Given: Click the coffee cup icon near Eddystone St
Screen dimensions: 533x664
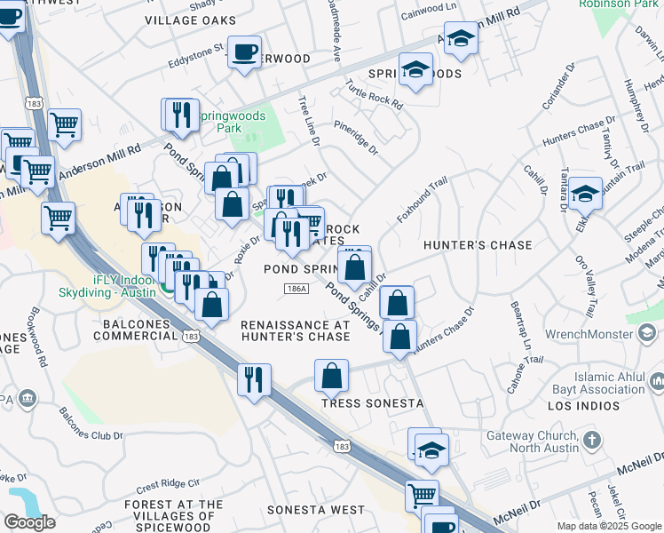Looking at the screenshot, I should (x=244, y=52).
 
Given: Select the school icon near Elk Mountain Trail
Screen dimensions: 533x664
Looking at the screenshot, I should (x=585, y=194).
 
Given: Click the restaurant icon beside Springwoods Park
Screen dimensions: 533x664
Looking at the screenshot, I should (x=182, y=115).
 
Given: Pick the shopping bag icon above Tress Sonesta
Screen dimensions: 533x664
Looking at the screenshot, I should (x=332, y=374).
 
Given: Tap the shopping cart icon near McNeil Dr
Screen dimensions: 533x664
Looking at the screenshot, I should (x=421, y=495).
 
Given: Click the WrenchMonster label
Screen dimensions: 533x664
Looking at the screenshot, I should (x=598, y=334).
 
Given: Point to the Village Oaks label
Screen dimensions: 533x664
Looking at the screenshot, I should (x=190, y=20).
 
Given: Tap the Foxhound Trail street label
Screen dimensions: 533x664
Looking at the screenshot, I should (x=422, y=202).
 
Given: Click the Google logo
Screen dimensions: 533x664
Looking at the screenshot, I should (x=29, y=522).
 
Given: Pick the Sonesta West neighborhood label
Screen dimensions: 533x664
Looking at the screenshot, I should (x=315, y=510).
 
